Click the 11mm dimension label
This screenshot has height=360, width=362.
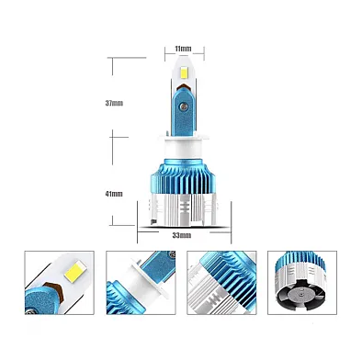183,49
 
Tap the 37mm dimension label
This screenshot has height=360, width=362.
114,103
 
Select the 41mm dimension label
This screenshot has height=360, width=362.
114,194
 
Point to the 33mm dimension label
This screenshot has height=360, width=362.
182,235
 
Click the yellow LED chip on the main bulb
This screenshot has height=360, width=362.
185,73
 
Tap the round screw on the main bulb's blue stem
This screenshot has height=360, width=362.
184,106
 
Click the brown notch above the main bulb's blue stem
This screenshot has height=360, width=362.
184,86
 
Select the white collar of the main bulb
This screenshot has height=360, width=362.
183,148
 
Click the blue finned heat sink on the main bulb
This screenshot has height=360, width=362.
184,177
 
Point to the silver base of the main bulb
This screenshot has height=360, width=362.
183,210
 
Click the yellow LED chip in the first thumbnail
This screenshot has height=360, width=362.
74,269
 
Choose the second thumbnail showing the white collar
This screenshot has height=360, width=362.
141,283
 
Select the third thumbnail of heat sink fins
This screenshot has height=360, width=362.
221,283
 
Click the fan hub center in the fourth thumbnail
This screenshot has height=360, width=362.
301,295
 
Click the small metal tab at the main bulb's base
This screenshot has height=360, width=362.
153,221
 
